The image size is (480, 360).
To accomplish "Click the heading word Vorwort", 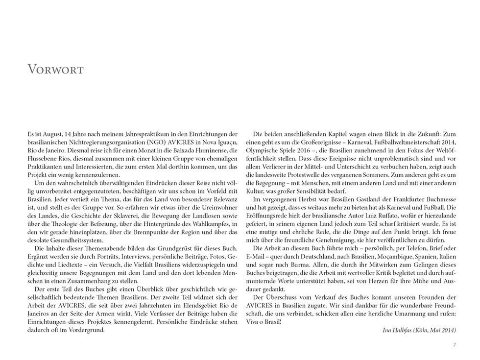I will point(55,70).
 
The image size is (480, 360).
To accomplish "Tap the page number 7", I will point(455,345).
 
